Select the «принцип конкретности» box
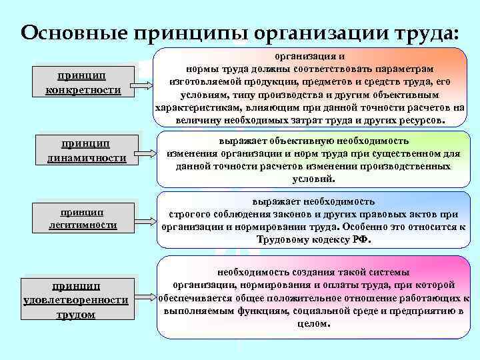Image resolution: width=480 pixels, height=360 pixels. pyautogui.click(x=83, y=83)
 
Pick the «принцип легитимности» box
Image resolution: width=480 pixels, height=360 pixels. pyautogui.click(x=83, y=218)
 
